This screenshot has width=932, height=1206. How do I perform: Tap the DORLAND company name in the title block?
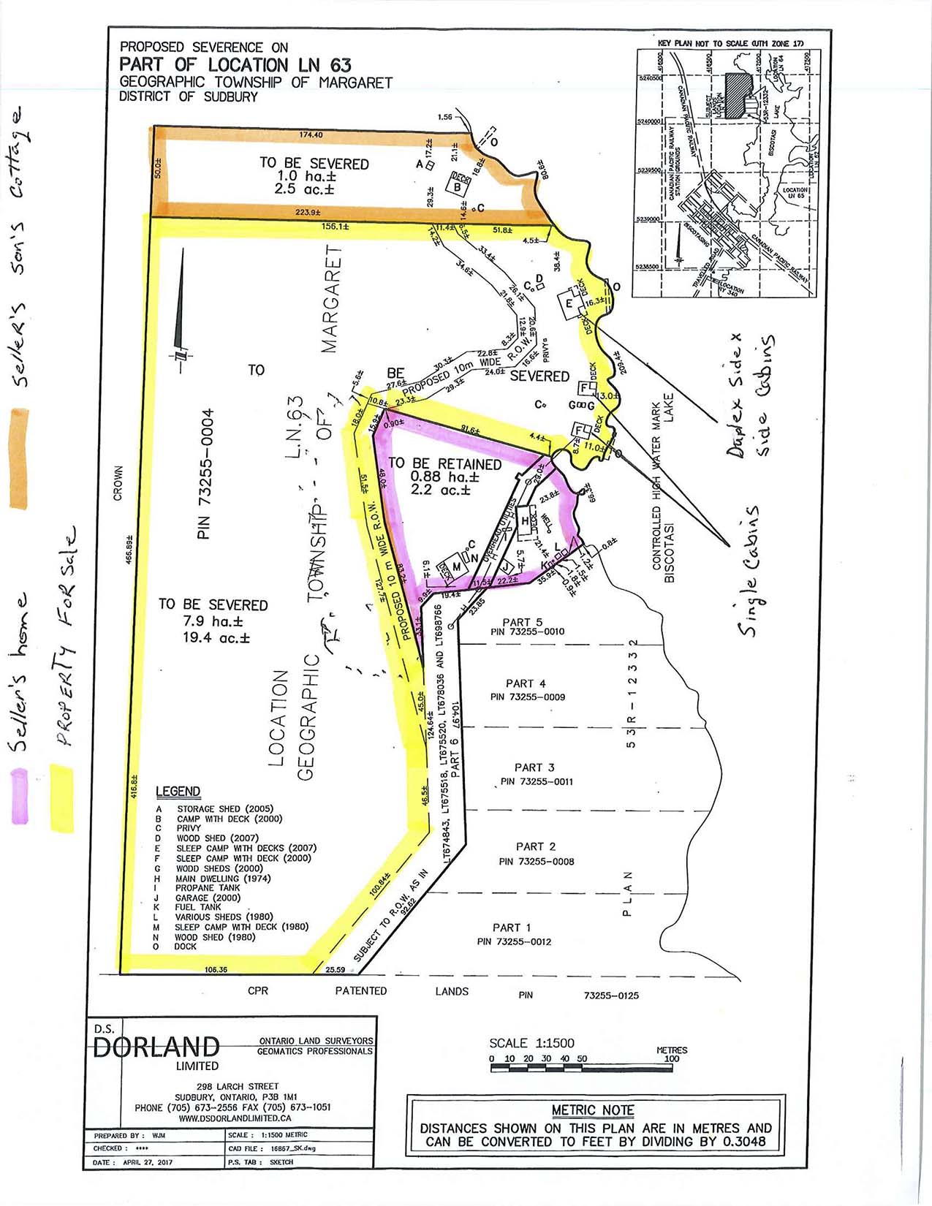[157, 1047]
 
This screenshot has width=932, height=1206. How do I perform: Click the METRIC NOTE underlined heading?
[593, 1110]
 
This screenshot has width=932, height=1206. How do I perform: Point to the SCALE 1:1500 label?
[531, 1043]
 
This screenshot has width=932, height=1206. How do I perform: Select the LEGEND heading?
[178, 792]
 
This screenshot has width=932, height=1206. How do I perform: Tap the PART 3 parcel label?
[534, 767]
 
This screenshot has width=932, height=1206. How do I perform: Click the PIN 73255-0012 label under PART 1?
[514, 941]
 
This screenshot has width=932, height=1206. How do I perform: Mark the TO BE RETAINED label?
[444, 464]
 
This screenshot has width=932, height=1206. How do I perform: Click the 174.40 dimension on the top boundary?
[311, 134]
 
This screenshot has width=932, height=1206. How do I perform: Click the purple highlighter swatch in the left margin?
[20, 797]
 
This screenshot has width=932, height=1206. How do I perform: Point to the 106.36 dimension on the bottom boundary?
[216, 970]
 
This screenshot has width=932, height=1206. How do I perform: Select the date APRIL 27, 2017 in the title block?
[147, 1162]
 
